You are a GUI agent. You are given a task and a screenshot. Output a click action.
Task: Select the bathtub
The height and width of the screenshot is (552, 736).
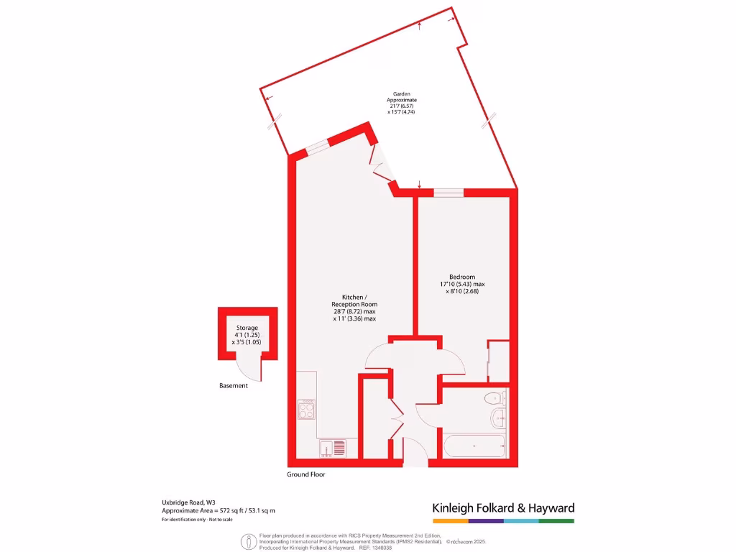pyautogui.click(x=474, y=446)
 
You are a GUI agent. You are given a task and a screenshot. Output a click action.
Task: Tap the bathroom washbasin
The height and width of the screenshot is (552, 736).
pyautogui.click(x=497, y=418)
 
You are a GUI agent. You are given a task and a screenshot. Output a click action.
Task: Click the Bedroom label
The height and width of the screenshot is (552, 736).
pyautogui.click(x=462, y=277)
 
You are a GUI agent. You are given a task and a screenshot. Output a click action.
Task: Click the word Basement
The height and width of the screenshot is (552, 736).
pyautogui.click(x=234, y=386)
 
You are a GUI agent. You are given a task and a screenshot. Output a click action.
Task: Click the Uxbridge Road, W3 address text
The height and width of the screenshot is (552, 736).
pyautogui.click(x=188, y=502)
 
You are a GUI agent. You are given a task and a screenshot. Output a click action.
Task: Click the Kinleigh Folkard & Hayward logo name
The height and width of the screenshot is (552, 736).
pyautogui.click(x=503, y=508)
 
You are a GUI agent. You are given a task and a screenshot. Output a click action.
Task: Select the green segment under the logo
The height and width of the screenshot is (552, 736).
pyautogui.click(x=556, y=520)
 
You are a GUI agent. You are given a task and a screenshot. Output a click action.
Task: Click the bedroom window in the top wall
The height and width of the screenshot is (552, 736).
pyautogui.click(x=448, y=193)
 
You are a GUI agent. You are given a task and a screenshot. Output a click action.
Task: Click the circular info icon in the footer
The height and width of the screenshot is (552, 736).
pyautogui.click(x=249, y=541)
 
